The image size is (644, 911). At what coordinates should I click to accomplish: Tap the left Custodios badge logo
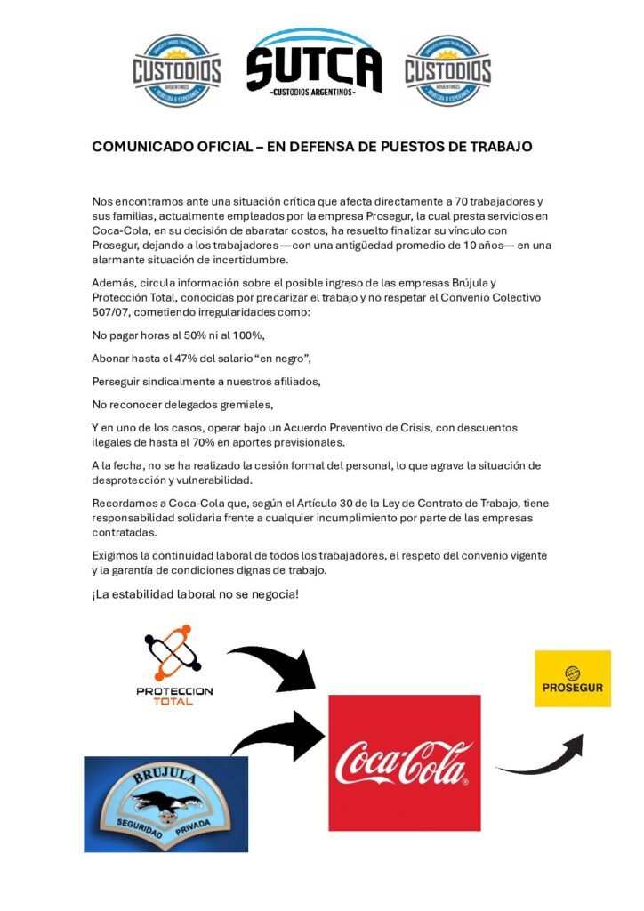click(177, 70)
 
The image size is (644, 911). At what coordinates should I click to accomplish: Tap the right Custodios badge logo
click(448, 70)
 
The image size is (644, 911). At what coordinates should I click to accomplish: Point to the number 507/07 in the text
click(110, 312)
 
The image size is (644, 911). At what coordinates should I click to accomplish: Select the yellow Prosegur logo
click(572, 679)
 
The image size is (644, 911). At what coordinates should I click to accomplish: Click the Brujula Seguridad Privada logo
click(165, 803)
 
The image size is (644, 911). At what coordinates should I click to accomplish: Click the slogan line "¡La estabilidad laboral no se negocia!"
click(195, 593)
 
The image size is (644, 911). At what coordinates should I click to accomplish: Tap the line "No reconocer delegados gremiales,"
click(171, 404)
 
